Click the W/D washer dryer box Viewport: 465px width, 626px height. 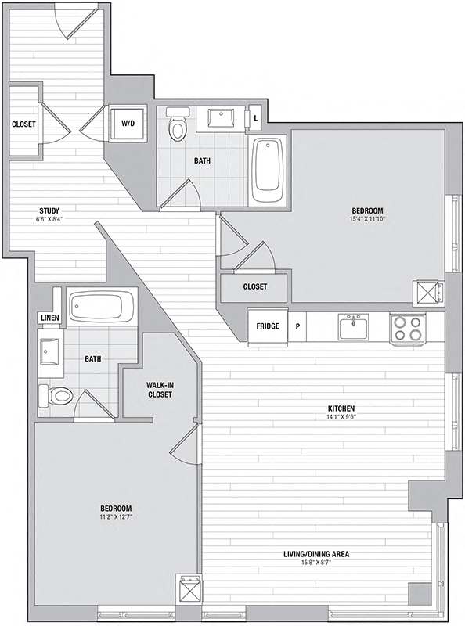pyautogui.click(x=128, y=124)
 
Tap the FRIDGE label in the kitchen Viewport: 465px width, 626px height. pyautogui.click(x=268, y=326)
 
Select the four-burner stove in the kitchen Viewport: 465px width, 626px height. pyautogui.click(x=407, y=328)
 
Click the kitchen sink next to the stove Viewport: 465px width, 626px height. pyautogui.click(x=353, y=326)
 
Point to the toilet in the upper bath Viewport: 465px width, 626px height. pyautogui.click(x=178, y=124)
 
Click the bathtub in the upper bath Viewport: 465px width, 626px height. pyautogui.click(x=268, y=171)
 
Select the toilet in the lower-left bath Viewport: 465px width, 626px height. pyautogui.click(x=56, y=396)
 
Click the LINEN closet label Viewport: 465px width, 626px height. pyautogui.click(x=50, y=318)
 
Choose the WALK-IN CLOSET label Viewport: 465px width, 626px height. pyautogui.click(x=160, y=390)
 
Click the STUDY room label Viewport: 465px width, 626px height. pyautogui.click(x=49, y=210)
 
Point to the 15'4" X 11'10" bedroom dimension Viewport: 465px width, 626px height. pyautogui.click(x=367, y=219)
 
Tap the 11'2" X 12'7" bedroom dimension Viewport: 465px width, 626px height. pyautogui.click(x=116, y=516)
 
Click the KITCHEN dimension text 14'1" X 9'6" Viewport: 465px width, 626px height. pyautogui.click(x=341, y=416)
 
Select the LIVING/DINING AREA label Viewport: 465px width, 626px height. pyautogui.click(x=316, y=554)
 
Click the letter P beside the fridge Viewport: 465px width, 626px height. pyautogui.click(x=297, y=326)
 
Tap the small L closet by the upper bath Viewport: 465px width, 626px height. pyautogui.click(x=256, y=118)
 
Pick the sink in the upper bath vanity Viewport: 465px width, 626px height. pyautogui.click(x=221, y=117)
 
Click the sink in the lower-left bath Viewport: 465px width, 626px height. pyautogui.click(x=49, y=351)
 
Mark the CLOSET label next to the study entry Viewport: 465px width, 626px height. pyautogui.click(x=23, y=124)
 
